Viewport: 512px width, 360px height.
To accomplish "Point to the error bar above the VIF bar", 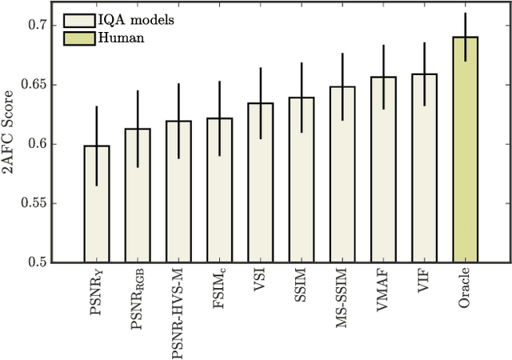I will click(x=425, y=56).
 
